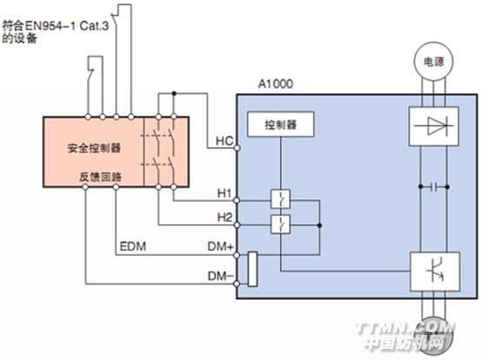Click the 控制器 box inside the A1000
tap(281, 124)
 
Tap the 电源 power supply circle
tap(433, 62)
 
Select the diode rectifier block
tap(434, 126)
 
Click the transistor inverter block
tap(435, 271)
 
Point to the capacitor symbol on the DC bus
tap(434, 186)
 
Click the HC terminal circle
tap(237, 148)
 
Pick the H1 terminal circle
tap(237, 201)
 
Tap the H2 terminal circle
tap(237, 225)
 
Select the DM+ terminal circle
tap(237, 255)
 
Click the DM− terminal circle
tap(237, 283)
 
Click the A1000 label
tap(275, 83)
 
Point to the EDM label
tap(133, 246)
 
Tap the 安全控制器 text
tap(94, 149)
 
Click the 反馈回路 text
tap(101, 177)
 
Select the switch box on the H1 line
tap(280, 199)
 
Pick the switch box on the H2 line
tap(280, 224)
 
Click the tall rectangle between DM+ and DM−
tap(252, 269)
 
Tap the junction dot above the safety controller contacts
tap(174, 93)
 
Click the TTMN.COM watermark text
tap(405, 329)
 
